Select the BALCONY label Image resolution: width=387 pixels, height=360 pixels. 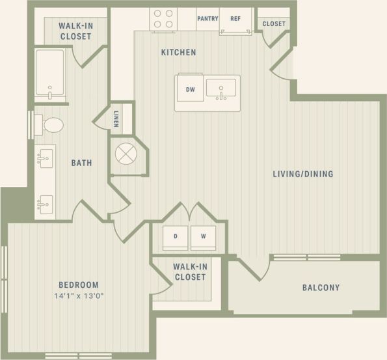321,288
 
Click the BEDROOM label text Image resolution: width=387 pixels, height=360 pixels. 78,284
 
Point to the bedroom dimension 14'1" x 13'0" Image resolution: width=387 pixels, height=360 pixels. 78,296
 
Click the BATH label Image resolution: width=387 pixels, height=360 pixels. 81,163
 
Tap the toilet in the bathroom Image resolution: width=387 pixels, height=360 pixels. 49,124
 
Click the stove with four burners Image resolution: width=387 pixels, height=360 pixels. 163,19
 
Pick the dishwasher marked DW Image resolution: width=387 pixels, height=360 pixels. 191,90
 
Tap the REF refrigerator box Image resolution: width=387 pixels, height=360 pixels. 235,18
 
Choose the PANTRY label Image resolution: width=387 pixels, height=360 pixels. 207,18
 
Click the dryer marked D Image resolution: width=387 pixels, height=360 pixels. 175,237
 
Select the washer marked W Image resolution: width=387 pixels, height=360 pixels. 204,237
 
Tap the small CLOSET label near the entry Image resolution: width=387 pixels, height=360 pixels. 274,24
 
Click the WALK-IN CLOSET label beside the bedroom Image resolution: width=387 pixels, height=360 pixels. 189,272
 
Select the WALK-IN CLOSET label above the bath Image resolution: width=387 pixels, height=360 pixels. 75,31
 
